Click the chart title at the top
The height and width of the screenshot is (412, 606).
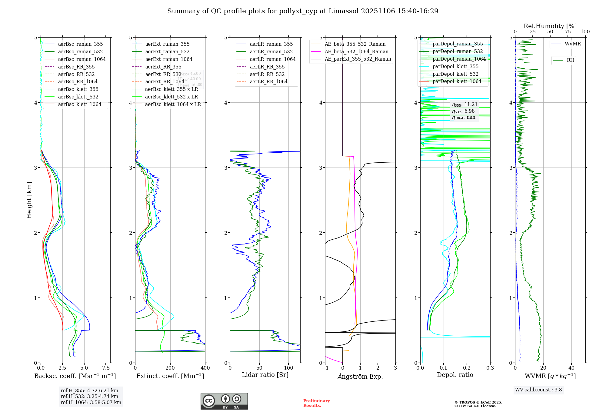click(303, 11)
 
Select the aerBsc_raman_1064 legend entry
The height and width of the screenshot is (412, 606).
click(82, 59)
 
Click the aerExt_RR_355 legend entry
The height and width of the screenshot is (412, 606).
click(163, 67)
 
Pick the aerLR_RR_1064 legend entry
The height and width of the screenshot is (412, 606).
click(268, 81)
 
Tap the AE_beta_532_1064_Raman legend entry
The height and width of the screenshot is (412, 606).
click(356, 51)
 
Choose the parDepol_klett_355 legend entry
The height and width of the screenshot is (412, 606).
click(455, 66)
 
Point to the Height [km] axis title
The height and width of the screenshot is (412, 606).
click(29, 200)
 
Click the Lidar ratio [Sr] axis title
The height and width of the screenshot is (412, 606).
click(265, 375)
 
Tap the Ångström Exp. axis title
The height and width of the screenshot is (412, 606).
click(360, 376)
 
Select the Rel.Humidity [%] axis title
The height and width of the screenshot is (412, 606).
click(550, 26)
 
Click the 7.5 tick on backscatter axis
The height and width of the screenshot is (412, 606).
click(106, 368)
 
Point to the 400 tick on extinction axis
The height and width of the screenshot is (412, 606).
click(205, 368)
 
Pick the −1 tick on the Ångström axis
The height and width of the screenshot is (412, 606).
click(325, 368)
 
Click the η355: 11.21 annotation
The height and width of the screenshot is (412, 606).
click(464, 105)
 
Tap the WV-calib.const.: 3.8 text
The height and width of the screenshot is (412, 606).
click(538, 390)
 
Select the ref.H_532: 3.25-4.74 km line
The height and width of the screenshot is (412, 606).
click(89, 396)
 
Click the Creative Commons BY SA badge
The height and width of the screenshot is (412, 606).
click(224, 401)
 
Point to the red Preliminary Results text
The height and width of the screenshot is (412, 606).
click(316, 403)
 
